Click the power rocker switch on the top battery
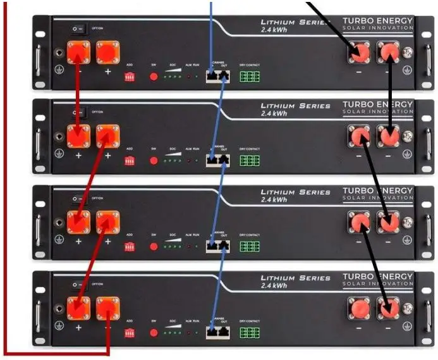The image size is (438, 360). pos(78,28)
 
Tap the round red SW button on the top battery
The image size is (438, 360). pos(154,77)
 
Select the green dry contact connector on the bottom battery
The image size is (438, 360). pos(250,333)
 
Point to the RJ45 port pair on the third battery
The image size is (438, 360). pos(217,246)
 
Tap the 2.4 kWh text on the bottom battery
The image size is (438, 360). pos(274,286)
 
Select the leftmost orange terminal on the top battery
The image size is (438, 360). pos(79,53)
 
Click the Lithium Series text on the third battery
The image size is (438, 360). pos(295,192)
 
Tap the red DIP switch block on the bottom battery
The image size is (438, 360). pos(130,332)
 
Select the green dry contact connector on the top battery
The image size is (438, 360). pos(250,77)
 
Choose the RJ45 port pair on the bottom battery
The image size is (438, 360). pos(217,332)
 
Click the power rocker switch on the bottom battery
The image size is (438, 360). pos(78,284)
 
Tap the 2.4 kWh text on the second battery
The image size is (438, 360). pos(274,114)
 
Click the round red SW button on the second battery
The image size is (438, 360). pos(154,161)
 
